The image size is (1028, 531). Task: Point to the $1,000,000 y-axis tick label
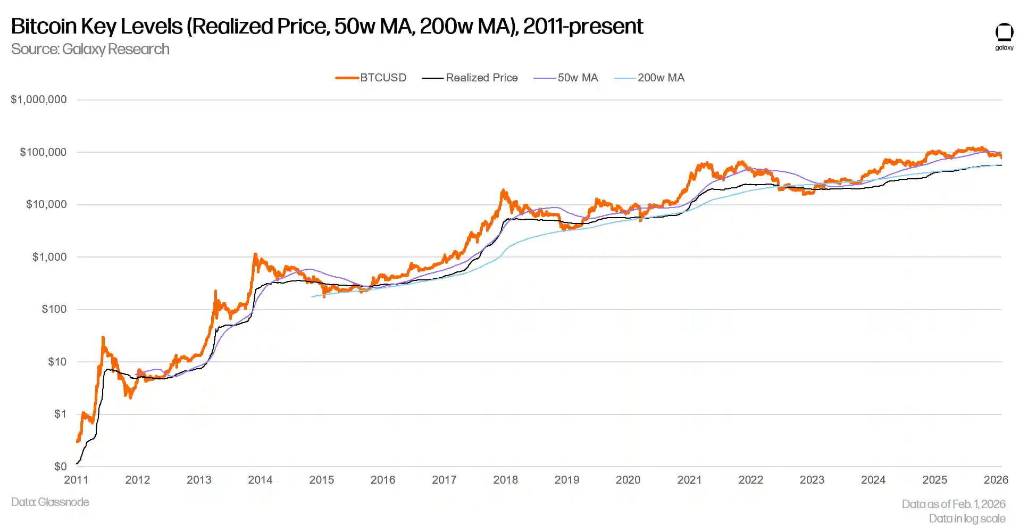39,99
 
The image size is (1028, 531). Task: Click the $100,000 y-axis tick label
43,152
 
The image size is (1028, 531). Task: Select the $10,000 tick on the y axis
46,204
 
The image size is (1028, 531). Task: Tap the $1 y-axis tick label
60,414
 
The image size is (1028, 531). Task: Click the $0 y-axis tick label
60,467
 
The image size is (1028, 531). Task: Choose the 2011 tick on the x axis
76,480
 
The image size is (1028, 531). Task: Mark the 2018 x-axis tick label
505,480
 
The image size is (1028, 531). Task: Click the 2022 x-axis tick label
750,480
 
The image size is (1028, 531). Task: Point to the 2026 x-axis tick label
996,480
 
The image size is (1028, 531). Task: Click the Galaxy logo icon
1004,34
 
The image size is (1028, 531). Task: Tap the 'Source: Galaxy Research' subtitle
90,49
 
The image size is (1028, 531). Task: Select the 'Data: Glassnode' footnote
50,502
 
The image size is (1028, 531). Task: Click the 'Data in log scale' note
967,519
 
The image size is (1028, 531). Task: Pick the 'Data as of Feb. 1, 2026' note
953,504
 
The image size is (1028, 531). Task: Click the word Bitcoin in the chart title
43,26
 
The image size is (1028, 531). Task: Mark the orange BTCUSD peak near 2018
503,190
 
